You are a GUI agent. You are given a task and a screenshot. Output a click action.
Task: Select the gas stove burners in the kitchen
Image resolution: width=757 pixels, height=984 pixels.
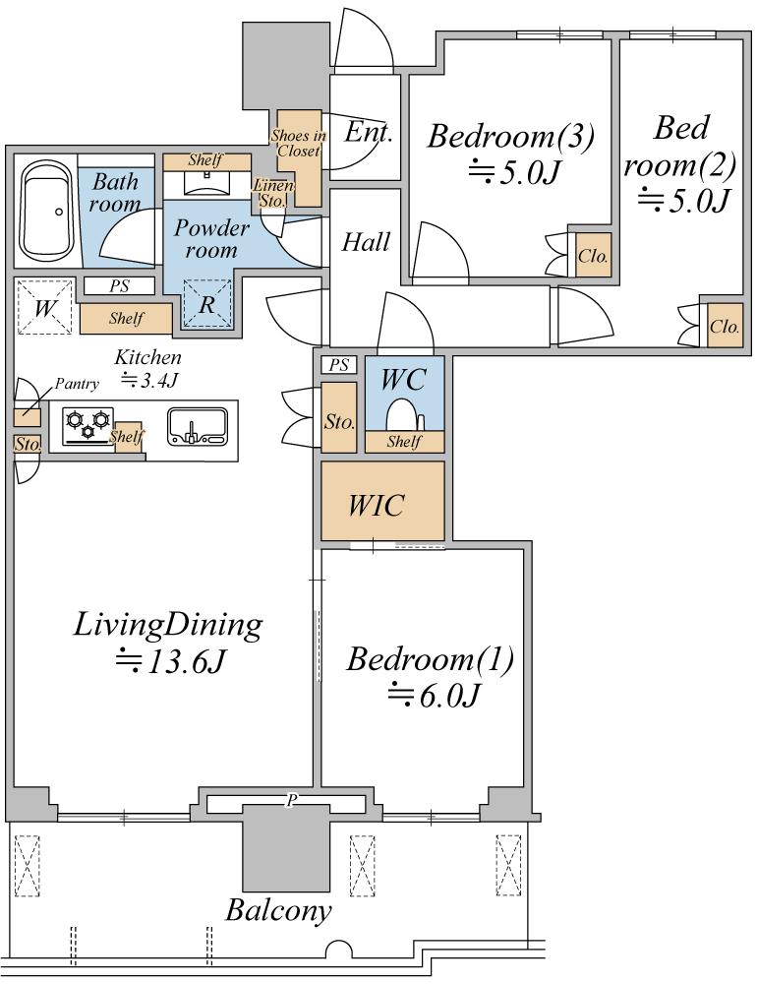87,425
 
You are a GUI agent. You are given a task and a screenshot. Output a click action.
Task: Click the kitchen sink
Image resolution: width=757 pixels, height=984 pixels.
197,427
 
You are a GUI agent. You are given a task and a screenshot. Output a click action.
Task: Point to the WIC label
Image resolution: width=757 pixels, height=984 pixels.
377,506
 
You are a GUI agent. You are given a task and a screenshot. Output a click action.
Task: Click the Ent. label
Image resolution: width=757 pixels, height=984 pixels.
368,133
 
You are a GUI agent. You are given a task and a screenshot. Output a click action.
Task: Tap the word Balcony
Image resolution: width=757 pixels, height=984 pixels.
278,910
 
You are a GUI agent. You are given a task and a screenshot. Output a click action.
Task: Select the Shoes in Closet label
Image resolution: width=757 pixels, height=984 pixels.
299,143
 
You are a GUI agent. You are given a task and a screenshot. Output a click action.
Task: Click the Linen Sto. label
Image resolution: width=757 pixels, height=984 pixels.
273,193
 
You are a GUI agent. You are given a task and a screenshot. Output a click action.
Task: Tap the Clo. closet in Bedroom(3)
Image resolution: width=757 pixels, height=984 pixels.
593,255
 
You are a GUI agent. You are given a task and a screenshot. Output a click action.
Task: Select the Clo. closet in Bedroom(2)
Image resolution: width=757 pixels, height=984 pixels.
725,325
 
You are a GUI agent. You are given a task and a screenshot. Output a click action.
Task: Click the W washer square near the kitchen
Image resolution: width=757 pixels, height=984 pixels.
44,307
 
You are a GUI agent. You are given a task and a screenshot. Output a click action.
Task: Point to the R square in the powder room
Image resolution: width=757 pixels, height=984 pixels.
207,304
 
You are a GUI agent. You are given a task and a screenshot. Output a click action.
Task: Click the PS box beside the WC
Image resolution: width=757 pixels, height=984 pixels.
338,365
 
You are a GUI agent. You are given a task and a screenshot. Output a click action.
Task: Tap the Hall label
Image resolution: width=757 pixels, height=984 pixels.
366,242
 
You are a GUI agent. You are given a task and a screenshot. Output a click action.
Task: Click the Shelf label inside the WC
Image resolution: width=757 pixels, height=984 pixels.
404,441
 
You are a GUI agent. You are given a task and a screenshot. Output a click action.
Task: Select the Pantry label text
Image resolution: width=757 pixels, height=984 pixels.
77,384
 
